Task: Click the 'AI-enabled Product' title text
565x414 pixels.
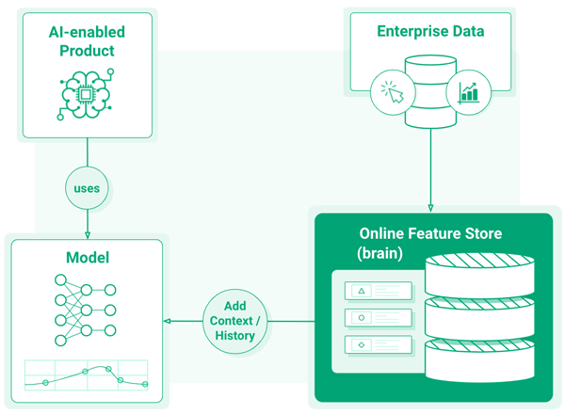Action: coord(87,40)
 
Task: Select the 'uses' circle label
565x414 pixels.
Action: coord(87,188)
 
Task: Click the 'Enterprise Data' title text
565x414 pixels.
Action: coord(430,31)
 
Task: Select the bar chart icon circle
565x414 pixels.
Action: coord(468,91)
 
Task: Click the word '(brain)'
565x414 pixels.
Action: coord(379,254)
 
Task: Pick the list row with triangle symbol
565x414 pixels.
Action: coord(379,291)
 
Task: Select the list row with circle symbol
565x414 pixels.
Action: coord(379,318)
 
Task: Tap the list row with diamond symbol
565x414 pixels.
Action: coord(379,345)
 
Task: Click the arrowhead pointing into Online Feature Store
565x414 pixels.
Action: coord(430,208)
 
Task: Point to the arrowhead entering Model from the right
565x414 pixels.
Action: coord(168,322)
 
